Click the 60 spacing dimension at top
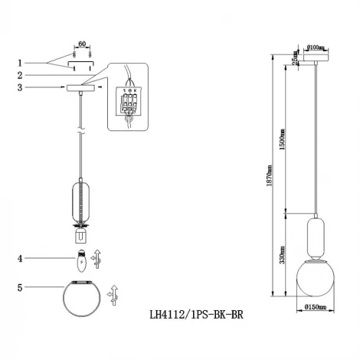(x=83, y=45)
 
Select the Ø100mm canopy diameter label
(x=316, y=47)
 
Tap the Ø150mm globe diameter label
(x=316, y=308)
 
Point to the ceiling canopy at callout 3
(x=83, y=89)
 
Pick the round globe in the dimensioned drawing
(x=315, y=277)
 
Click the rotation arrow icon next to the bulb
(x=97, y=258)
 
